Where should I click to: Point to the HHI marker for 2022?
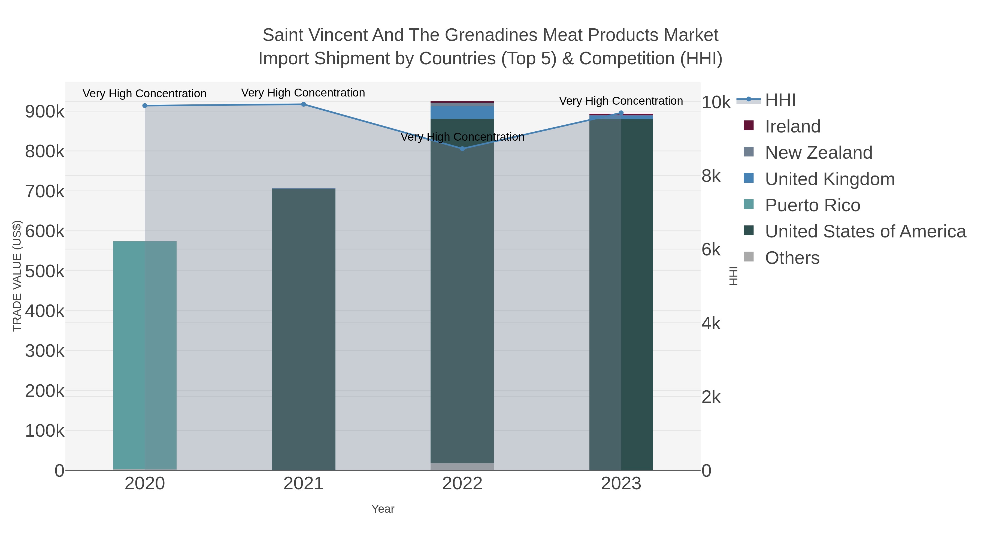point(462,149)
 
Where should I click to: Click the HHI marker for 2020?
point(145,105)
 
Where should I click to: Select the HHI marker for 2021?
point(304,104)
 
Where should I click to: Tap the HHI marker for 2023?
point(621,113)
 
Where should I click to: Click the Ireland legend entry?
point(792,126)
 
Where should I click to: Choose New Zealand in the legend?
point(818,153)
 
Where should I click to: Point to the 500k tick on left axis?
point(45,272)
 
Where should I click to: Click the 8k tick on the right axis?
point(711,176)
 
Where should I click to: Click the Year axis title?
point(383,509)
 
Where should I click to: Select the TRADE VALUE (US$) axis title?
point(17,276)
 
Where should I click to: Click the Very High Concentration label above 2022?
point(462,137)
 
